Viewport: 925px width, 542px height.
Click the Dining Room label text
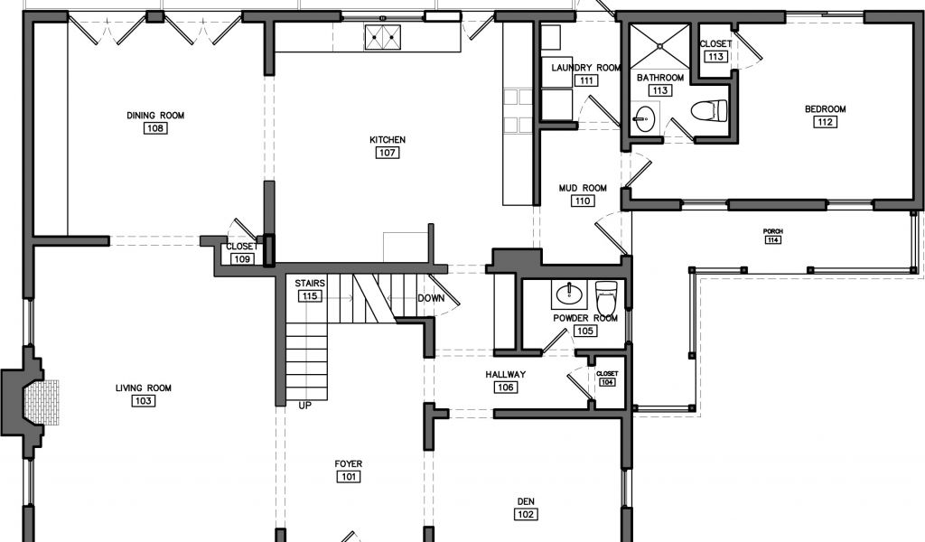coord(155,115)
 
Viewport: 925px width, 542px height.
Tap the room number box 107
coord(388,153)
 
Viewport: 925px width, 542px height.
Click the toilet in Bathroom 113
coord(707,111)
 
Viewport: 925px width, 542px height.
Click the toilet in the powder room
coord(606,292)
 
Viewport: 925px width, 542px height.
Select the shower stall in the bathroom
coord(660,46)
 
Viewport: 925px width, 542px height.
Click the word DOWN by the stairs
coord(431,298)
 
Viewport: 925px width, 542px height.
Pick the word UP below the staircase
coord(305,406)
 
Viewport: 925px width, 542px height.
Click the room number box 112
coord(825,122)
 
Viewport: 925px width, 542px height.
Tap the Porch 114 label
coord(772,236)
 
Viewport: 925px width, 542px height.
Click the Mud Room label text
coord(583,188)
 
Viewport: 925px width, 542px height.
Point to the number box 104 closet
coord(607,382)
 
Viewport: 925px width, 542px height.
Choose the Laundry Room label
coord(586,68)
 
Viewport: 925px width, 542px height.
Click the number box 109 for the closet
coord(242,259)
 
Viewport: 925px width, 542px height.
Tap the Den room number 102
coord(526,514)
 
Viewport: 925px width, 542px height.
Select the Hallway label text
coord(505,374)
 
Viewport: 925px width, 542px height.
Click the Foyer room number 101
coord(349,477)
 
